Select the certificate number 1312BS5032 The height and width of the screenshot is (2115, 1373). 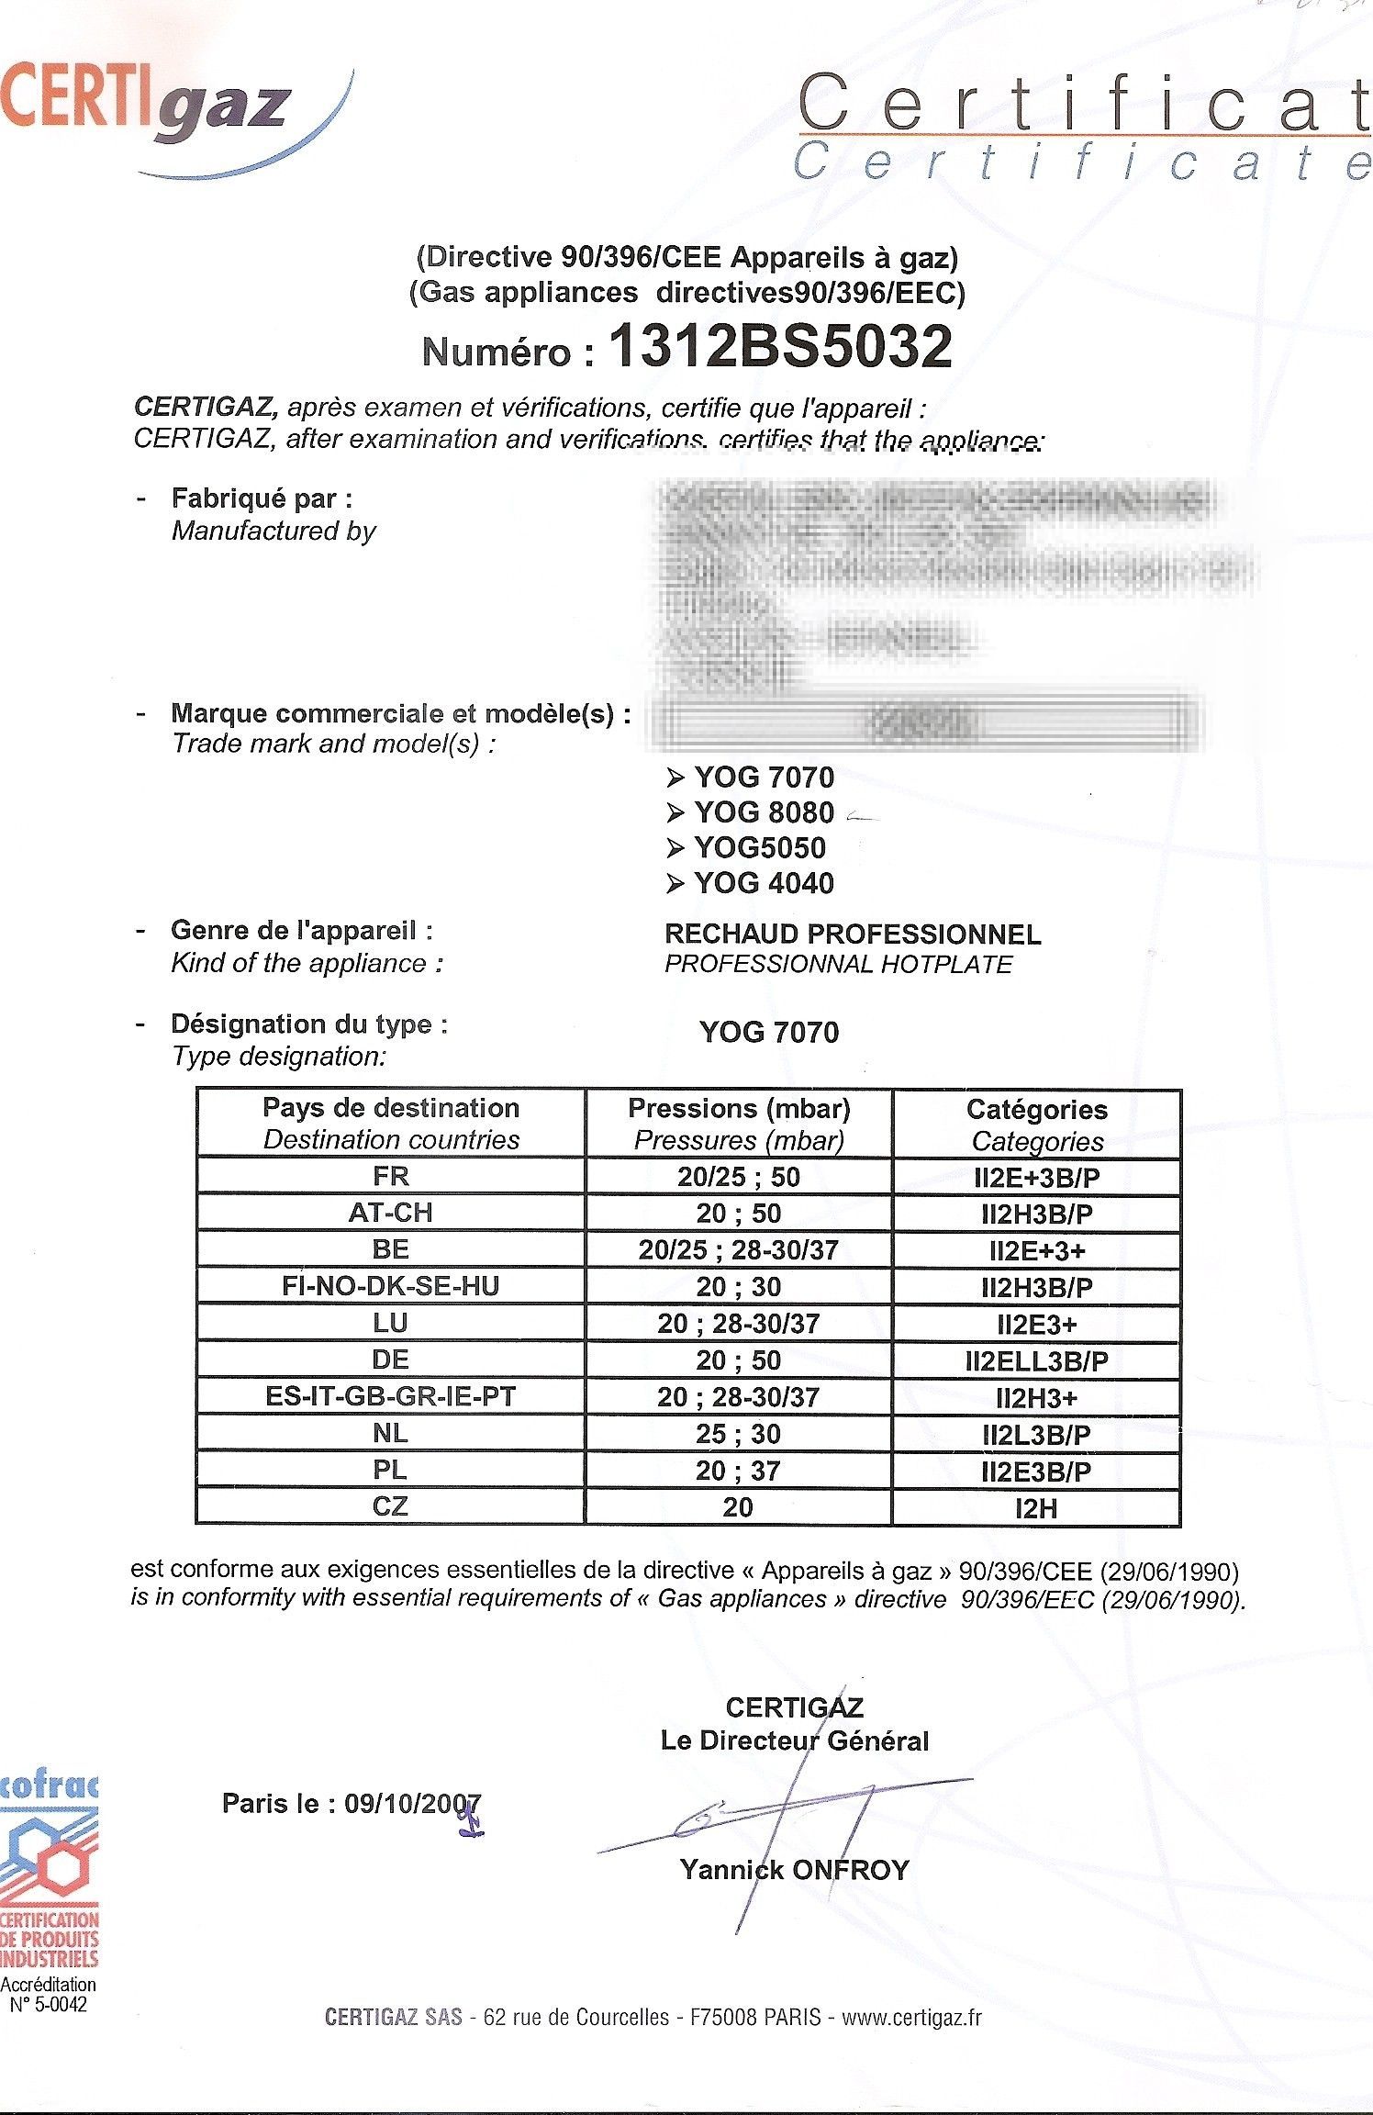[780, 347]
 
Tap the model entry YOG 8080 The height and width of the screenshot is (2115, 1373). [764, 812]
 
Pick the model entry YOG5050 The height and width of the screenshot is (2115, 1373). [759, 847]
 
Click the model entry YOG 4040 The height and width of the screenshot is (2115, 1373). [764, 883]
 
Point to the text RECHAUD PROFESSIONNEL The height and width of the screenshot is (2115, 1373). [853, 934]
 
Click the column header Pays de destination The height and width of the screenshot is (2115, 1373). [391, 1108]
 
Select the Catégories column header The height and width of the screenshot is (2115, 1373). [1037, 1110]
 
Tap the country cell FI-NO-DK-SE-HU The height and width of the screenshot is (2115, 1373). [391, 1286]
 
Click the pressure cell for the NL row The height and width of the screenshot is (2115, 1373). [738, 1434]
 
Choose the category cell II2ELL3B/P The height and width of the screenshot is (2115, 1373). [1037, 1361]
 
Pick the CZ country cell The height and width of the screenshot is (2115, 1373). [391, 1506]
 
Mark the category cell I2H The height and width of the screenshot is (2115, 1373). [1037, 1508]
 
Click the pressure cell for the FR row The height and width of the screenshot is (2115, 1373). [738, 1177]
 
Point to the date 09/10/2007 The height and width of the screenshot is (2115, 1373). [412, 1804]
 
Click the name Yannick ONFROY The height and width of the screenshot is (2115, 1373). [794, 1870]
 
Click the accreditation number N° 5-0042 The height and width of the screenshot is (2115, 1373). [48, 2005]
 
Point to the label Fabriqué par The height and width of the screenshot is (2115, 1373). [262, 498]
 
